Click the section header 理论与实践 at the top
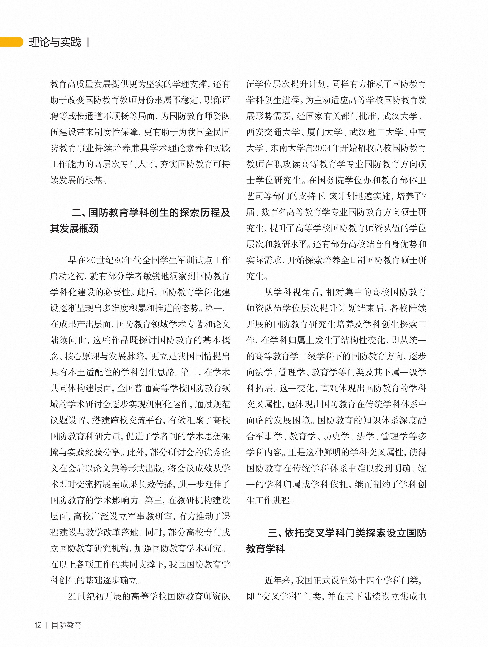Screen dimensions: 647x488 pos(55,42)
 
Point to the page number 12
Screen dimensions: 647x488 pos(38,625)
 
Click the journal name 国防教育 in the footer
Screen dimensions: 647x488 pos(66,625)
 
